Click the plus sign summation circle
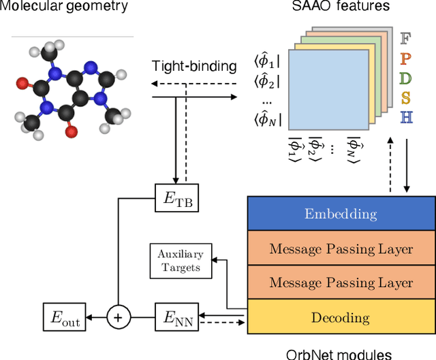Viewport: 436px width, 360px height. [x=119, y=317]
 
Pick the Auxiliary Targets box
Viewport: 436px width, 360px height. [x=181, y=259]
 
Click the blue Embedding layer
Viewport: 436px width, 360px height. [x=341, y=214]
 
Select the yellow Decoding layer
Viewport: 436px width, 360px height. [x=341, y=317]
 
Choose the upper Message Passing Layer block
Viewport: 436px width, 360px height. [x=341, y=248]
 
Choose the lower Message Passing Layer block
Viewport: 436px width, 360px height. [x=341, y=282]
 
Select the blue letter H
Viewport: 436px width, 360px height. [x=407, y=118]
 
